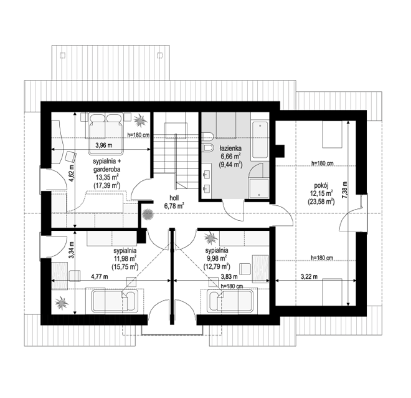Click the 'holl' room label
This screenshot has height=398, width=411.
(174, 198)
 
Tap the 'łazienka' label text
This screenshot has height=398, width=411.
(230, 148)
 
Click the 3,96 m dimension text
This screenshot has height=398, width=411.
(104, 145)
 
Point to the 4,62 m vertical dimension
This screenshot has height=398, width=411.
(72, 174)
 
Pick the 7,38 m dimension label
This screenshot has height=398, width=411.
(344, 191)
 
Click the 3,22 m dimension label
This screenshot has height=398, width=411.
(309, 276)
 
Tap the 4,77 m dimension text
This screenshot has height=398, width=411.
(100, 276)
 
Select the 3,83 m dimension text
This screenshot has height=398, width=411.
(229, 276)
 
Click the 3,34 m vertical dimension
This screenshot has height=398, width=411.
(72, 250)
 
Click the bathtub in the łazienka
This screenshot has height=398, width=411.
(260, 141)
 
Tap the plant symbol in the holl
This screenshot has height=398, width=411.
(148, 215)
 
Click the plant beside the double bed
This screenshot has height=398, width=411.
(140, 120)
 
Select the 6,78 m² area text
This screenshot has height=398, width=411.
(174, 206)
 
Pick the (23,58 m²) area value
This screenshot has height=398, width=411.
(321, 202)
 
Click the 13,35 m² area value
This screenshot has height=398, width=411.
(106, 177)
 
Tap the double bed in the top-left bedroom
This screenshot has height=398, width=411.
(106, 133)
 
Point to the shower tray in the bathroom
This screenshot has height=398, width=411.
(259, 187)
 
